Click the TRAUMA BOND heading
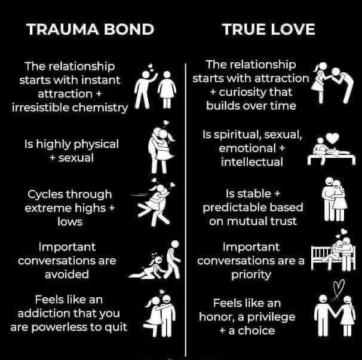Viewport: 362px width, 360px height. click(90, 29)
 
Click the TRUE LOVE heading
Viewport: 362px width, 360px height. click(268, 29)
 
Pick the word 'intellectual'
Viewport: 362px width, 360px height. click(250, 161)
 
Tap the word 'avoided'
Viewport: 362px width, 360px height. click(66, 274)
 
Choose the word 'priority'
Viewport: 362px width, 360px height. click(250, 274)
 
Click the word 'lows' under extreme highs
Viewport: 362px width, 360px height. click(70, 221)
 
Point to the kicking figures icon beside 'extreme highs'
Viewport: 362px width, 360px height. click(157, 200)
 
